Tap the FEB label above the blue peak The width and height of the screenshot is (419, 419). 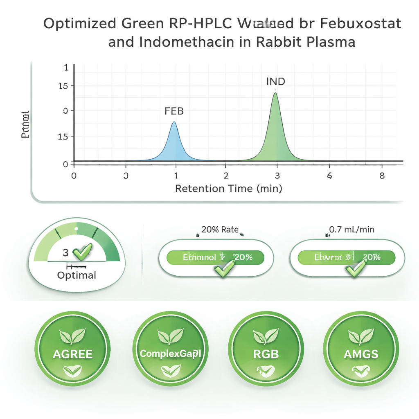[x=174, y=111]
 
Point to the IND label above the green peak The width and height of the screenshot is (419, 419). [x=275, y=81]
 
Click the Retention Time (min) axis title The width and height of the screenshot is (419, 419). [x=228, y=189]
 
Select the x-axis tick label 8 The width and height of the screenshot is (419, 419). [x=382, y=175]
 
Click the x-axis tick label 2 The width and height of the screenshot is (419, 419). [x=226, y=175]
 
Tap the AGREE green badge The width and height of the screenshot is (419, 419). [x=72, y=348]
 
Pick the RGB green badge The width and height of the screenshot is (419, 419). [x=266, y=348]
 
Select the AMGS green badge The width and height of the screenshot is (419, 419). [x=361, y=348]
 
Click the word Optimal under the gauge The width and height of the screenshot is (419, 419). [x=77, y=275]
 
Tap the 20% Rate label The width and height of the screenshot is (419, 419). [x=220, y=230]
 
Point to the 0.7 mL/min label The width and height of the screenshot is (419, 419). [x=351, y=230]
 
